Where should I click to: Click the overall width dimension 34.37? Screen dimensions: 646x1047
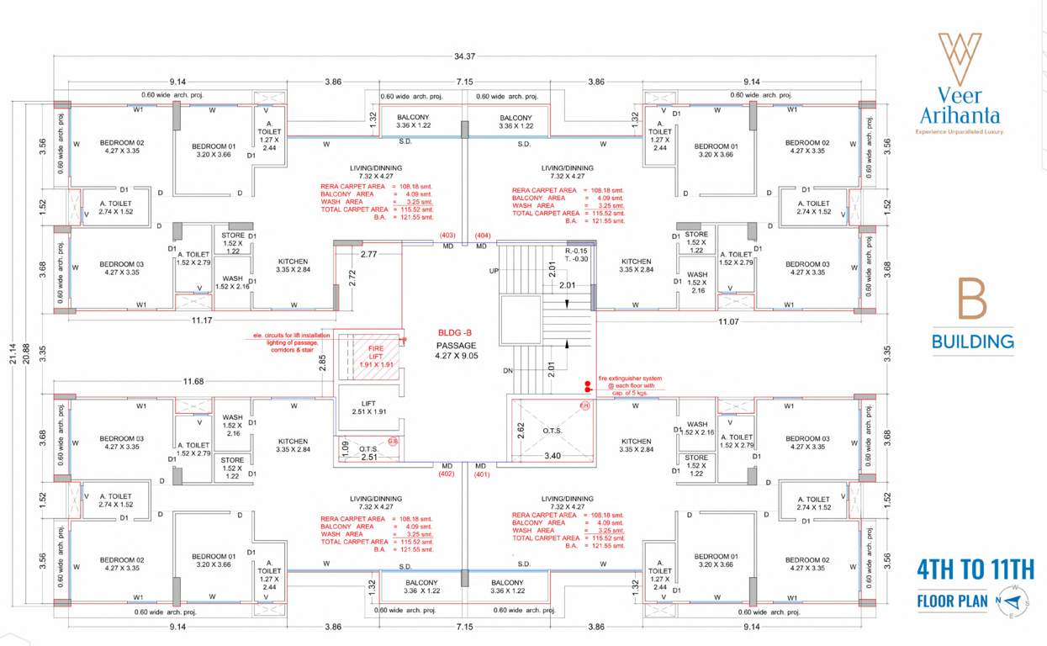pos(464,56)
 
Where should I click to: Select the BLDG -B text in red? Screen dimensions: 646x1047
pos(456,332)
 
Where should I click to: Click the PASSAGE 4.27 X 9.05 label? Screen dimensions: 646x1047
pos(456,351)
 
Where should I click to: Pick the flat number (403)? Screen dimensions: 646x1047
pos(447,236)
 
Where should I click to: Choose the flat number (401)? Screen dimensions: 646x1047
pos(482,474)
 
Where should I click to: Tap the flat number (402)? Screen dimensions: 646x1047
pos(447,474)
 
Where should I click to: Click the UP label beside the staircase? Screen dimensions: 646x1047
pos(494,271)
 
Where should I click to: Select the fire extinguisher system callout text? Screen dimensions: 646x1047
pos(630,384)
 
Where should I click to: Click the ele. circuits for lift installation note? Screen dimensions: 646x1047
pos(290,342)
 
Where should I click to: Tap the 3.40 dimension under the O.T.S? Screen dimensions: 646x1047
pos(552,455)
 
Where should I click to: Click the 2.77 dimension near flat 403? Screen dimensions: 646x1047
pos(368,253)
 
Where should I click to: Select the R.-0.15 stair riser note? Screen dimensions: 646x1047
pos(576,251)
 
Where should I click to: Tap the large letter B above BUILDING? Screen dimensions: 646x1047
pos(972,300)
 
